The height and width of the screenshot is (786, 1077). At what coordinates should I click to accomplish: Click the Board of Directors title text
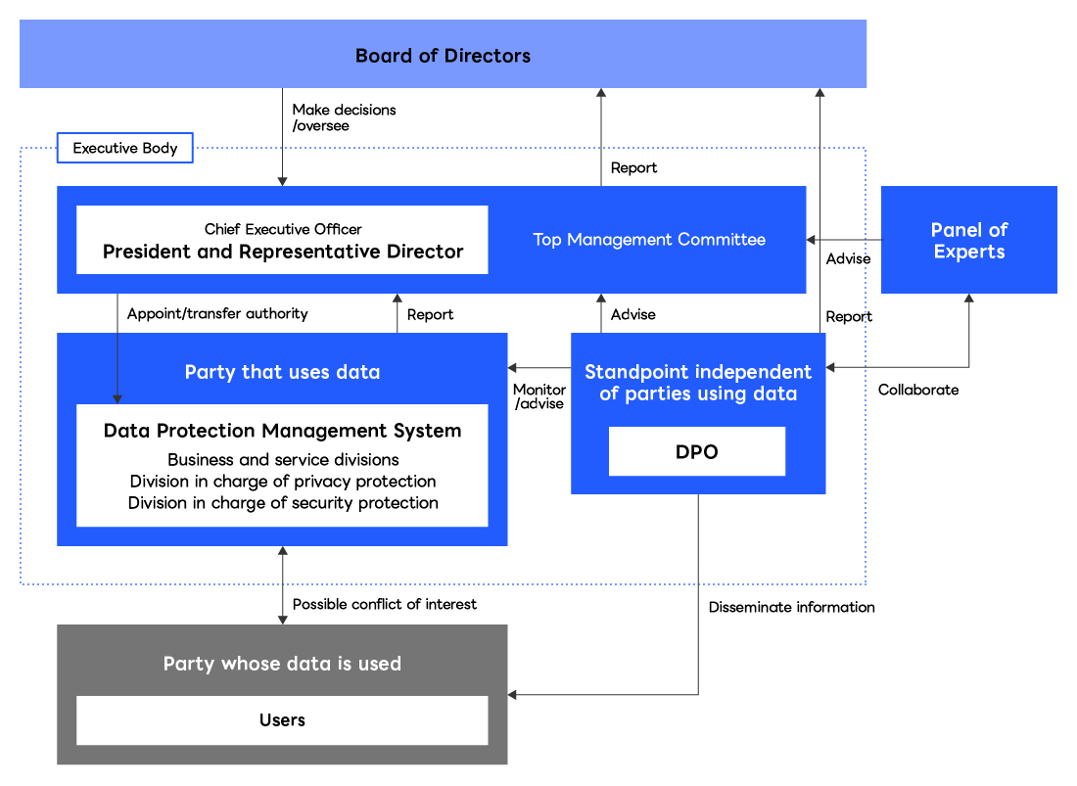[x=443, y=55]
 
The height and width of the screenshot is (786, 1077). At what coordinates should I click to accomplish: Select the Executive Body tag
[x=124, y=149]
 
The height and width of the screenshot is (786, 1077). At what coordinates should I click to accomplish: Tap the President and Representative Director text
[x=283, y=252]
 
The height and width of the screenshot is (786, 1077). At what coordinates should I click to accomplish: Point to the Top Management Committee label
[x=648, y=239]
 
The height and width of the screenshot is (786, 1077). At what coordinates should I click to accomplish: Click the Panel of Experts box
[x=968, y=241]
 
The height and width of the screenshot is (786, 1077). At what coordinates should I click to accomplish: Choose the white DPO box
[x=696, y=451]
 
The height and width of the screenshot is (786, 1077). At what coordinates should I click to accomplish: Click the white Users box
[x=282, y=720]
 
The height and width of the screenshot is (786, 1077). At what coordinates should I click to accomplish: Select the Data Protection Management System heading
[x=282, y=431]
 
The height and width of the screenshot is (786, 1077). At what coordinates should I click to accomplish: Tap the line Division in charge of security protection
[x=283, y=502]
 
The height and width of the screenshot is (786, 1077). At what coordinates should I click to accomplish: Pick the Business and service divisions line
[x=283, y=459]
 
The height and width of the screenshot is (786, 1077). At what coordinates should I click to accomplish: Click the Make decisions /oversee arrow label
[x=344, y=117]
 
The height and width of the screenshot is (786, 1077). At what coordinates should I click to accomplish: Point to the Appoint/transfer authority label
[x=217, y=313]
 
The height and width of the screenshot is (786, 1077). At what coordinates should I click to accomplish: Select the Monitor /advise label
[x=539, y=396]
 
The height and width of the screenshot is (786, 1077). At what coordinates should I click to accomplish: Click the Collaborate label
[x=917, y=390]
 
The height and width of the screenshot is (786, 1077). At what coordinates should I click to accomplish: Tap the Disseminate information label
[x=791, y=607]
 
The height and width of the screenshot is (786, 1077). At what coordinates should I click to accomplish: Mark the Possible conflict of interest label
[x=384, y=604]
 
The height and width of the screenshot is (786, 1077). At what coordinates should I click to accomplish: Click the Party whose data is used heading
[x=282, y=664]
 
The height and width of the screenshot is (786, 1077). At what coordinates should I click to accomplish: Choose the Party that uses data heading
[x=282, y=372]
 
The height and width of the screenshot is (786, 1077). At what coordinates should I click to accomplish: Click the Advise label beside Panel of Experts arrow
[x=848, y=259]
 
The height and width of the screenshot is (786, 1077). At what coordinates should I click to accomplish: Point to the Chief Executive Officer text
[x=283, y=229]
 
